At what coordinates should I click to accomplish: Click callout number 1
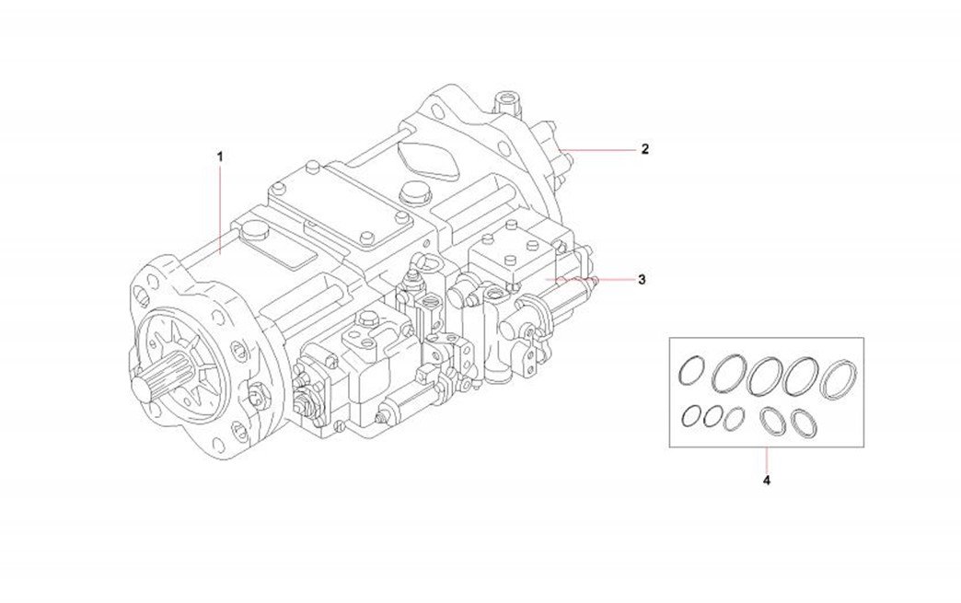pos(220,157)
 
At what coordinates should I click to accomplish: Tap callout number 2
pos(645,148)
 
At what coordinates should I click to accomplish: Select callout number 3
pos(642,278)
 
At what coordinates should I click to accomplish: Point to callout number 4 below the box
pos(767,480)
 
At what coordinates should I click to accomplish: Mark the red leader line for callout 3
pos(589,278)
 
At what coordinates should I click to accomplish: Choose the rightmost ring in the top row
pos(839,377)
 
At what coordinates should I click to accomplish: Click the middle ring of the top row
pos(766,376)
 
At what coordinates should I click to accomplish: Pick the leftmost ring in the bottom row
pos(690,416)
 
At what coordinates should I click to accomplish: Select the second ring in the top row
pos(729,374)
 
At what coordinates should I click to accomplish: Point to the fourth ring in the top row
pos(802,375)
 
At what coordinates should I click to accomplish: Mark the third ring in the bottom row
pos(733,419)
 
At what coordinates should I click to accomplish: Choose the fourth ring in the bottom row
pos(770,420)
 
